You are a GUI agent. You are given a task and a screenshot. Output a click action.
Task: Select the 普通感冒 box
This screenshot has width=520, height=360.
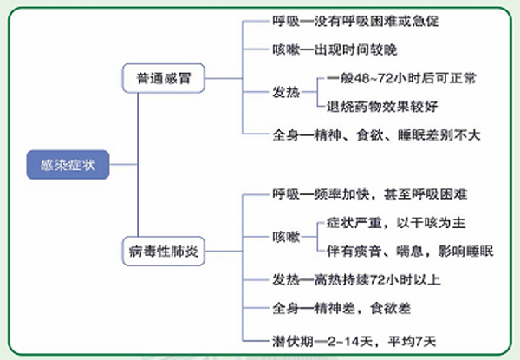point(162,77)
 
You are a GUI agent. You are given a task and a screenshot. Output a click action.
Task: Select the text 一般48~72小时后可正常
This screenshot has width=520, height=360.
point(401,78)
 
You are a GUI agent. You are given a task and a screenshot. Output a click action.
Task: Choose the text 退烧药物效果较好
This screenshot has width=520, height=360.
point(380,105)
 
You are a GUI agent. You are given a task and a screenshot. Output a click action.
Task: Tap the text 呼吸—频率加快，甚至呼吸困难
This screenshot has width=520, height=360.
point(371,195)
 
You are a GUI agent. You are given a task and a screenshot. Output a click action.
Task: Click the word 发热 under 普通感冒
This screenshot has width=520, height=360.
point(286,92)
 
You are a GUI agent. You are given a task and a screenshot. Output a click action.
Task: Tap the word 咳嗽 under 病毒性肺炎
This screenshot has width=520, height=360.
point(286,237)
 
